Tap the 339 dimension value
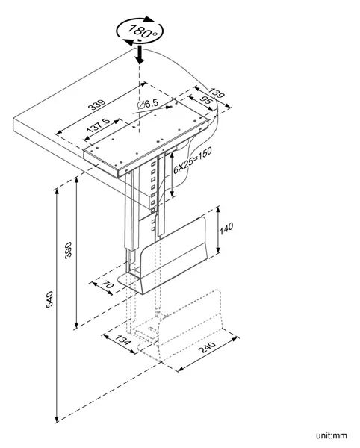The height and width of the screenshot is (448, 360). point(97,105)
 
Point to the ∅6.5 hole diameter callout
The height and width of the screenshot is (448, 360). point(147,105)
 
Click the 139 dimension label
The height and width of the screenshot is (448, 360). point(217,93)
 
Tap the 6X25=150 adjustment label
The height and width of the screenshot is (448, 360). point(193,160)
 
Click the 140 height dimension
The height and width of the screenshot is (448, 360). point(226,228)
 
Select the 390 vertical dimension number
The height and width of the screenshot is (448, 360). point(68,250)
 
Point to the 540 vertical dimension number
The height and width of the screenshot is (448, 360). point(49,299)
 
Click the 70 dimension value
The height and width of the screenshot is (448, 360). point(108,284)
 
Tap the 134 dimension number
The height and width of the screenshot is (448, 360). point(122,340)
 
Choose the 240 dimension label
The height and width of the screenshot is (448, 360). point(207,347)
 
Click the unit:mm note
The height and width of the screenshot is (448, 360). point(332,435)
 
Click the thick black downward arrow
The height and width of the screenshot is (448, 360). point(140,54)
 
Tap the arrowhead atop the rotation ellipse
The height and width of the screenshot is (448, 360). point(149,19)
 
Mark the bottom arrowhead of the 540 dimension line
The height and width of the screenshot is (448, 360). point(57,418)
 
